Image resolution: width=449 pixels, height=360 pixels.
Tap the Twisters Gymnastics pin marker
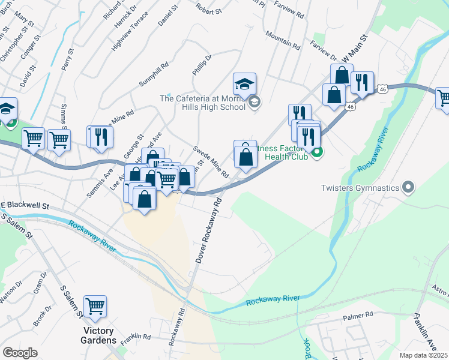(408, 188)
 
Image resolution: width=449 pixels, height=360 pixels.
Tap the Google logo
(20, 352)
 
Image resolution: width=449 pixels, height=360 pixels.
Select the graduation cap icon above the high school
(244, 84)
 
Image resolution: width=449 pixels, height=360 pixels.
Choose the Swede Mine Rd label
(211, 161)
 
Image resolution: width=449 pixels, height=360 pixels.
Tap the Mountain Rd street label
(282, 40)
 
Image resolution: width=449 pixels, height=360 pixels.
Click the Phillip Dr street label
(203, 66)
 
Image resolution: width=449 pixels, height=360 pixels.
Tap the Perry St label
(65, 60)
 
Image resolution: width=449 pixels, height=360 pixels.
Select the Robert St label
(208, 10)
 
